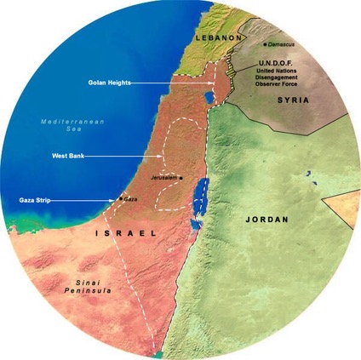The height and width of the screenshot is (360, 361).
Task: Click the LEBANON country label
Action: coord(218,39)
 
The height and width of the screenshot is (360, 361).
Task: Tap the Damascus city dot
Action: coord(266,43)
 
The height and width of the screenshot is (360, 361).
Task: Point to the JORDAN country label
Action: coord(266,220)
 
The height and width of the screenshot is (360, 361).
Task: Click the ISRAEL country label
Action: coord(126,232)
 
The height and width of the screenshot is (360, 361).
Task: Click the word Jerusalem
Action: coord(163,177)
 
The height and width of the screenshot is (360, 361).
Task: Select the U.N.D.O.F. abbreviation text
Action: coord(276,64)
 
